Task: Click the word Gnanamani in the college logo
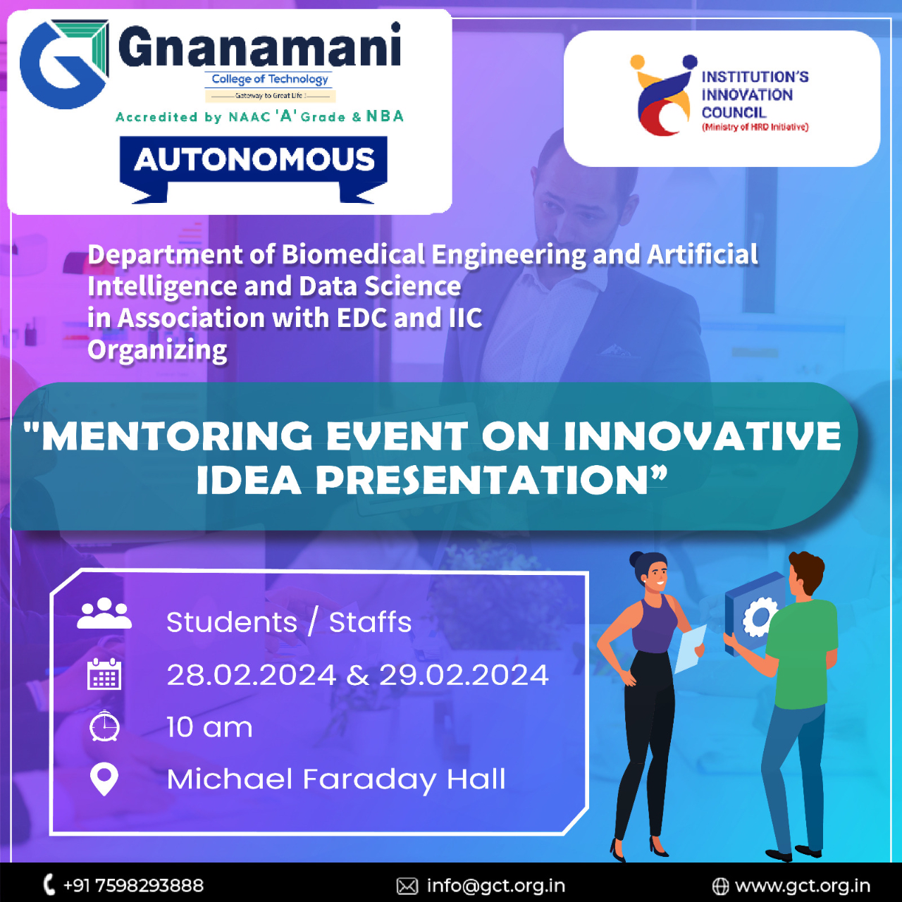click(x=260, y=47)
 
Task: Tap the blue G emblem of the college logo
click(x=64, y=64)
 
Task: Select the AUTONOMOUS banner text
click(x=254, y=160)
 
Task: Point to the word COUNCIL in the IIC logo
click(x=734, y=113)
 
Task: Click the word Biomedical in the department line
click(x=353, y=254)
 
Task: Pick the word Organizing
click(x=157, y=350)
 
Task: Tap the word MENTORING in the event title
click(x=177, y=436)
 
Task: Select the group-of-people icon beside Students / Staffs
click(x=104, y=613)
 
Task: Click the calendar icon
click(x=104, y=674)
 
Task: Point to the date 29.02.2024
click(x=464, y=675)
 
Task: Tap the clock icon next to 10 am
click(x=104, y=726)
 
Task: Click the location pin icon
click(x=104, y=779)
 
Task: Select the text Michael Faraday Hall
click(x=336, y=779)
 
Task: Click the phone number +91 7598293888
click(x=133, y=886)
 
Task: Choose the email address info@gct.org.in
click(x=495, y=886)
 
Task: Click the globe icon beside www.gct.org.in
click(x=720, y=886)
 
